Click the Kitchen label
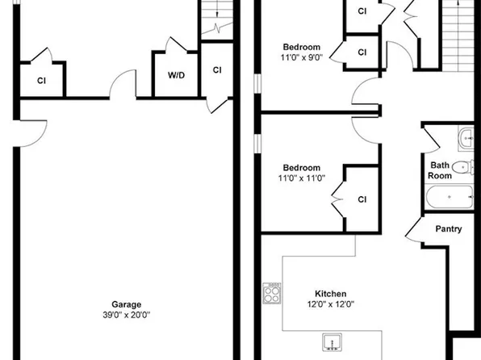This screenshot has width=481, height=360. (x=331, y=293)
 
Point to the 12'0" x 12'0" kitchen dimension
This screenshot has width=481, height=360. (x=331, y=304)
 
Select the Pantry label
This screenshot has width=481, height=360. (x=449, y=228)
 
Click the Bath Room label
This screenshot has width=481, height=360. (x=440, y=170)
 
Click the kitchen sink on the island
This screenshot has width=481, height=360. (x=334, y=343)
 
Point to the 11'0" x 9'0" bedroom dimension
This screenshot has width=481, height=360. (x=302, y=58)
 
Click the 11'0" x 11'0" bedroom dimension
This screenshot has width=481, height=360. (x=302, y=179)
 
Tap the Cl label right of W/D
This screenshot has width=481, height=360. (x=217, y=69)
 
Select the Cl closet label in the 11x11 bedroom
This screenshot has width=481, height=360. (x=362, y=199)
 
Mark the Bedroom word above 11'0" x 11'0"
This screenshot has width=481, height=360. (x=302, y=168)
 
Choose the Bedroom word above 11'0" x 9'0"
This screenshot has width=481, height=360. (x=302, y=46)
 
